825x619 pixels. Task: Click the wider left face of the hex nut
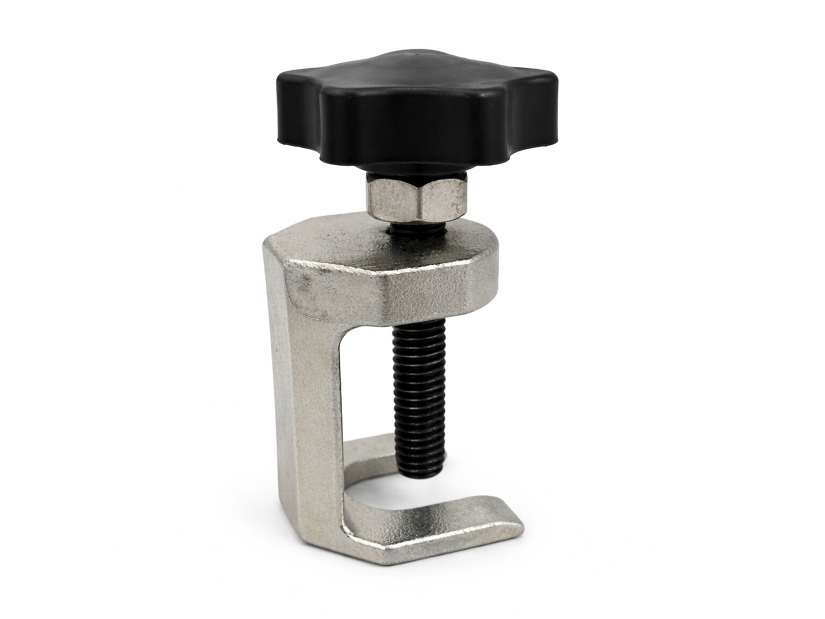click(x=395, y=201)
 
